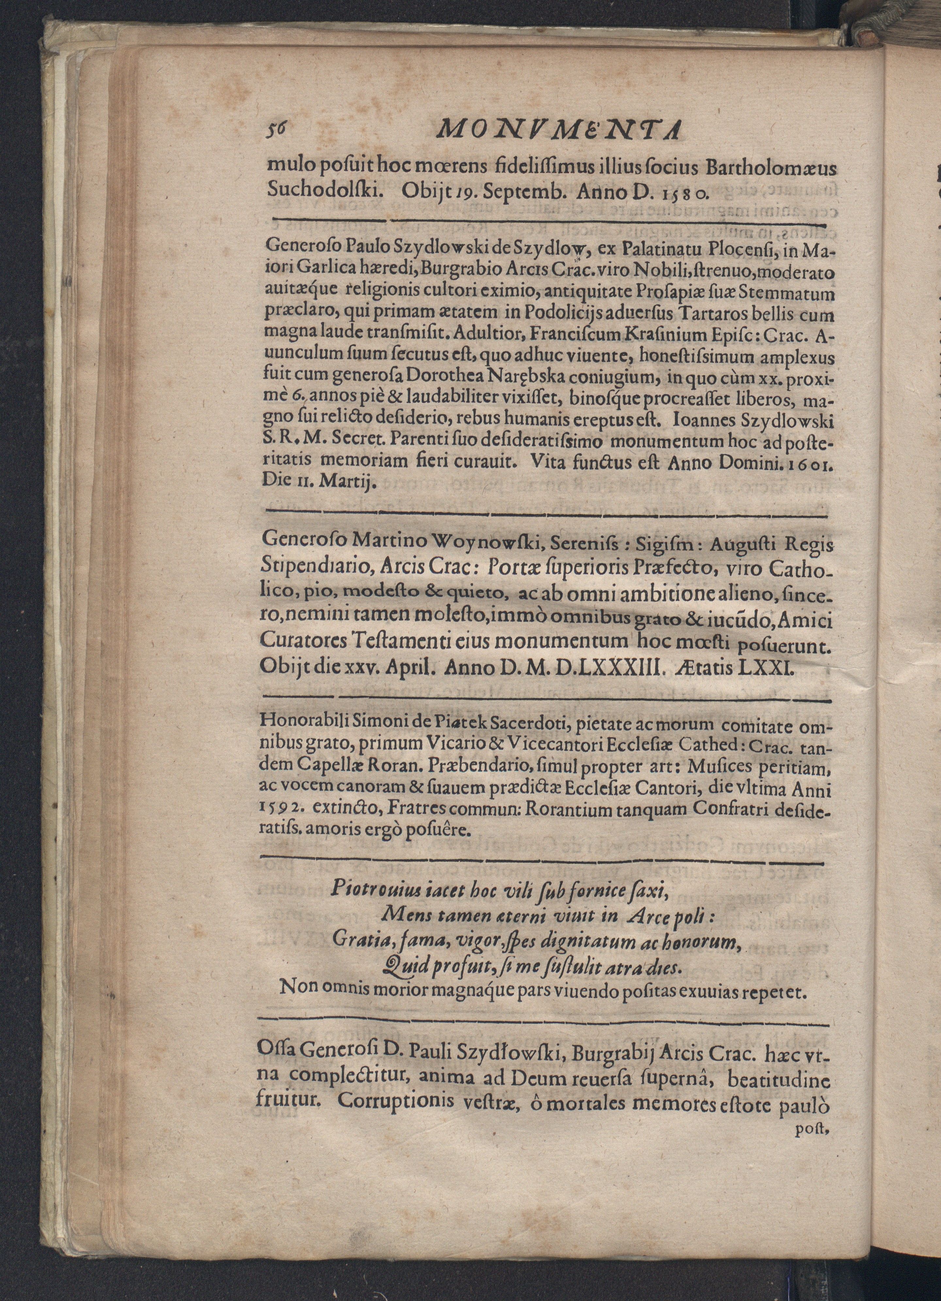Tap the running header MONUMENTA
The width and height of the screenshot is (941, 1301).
(x=558, y=131)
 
